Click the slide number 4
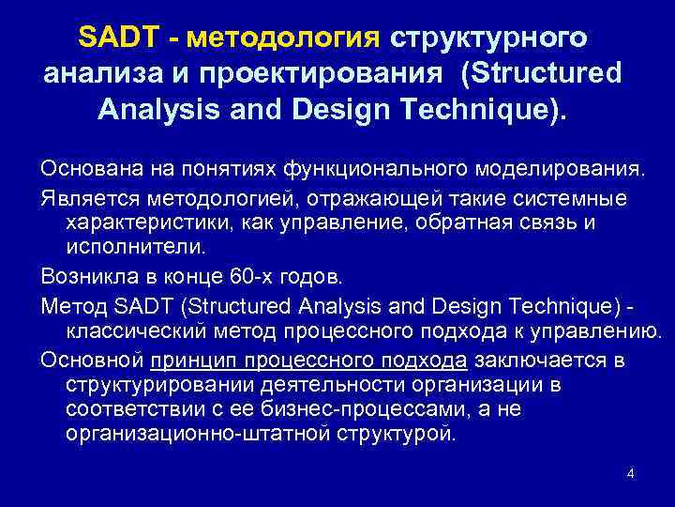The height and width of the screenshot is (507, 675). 631,473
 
